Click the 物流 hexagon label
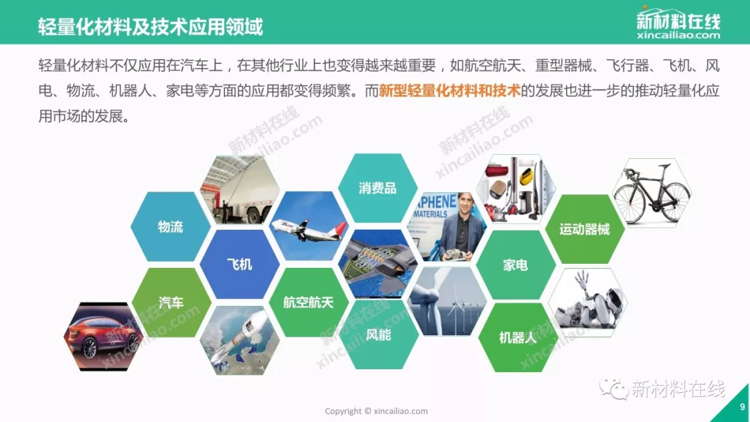tap(170, 226)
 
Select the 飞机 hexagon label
tap(239, 264)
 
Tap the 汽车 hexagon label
tap(171, 303)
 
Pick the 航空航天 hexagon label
tap(308, 303)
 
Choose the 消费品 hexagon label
tap(377, 188)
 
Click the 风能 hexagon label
tap(378, 335)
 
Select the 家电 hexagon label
tap(515, 264)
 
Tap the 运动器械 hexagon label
tap(585, 230)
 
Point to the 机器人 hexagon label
tap(517, 338)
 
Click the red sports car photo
tap(103, 337)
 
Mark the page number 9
tap(742, 407)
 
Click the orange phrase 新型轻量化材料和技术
tap(449, 90)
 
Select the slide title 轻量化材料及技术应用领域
tap(150, 26)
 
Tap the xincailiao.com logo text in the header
tap(678, 35)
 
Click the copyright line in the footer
tap(376, 411)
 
